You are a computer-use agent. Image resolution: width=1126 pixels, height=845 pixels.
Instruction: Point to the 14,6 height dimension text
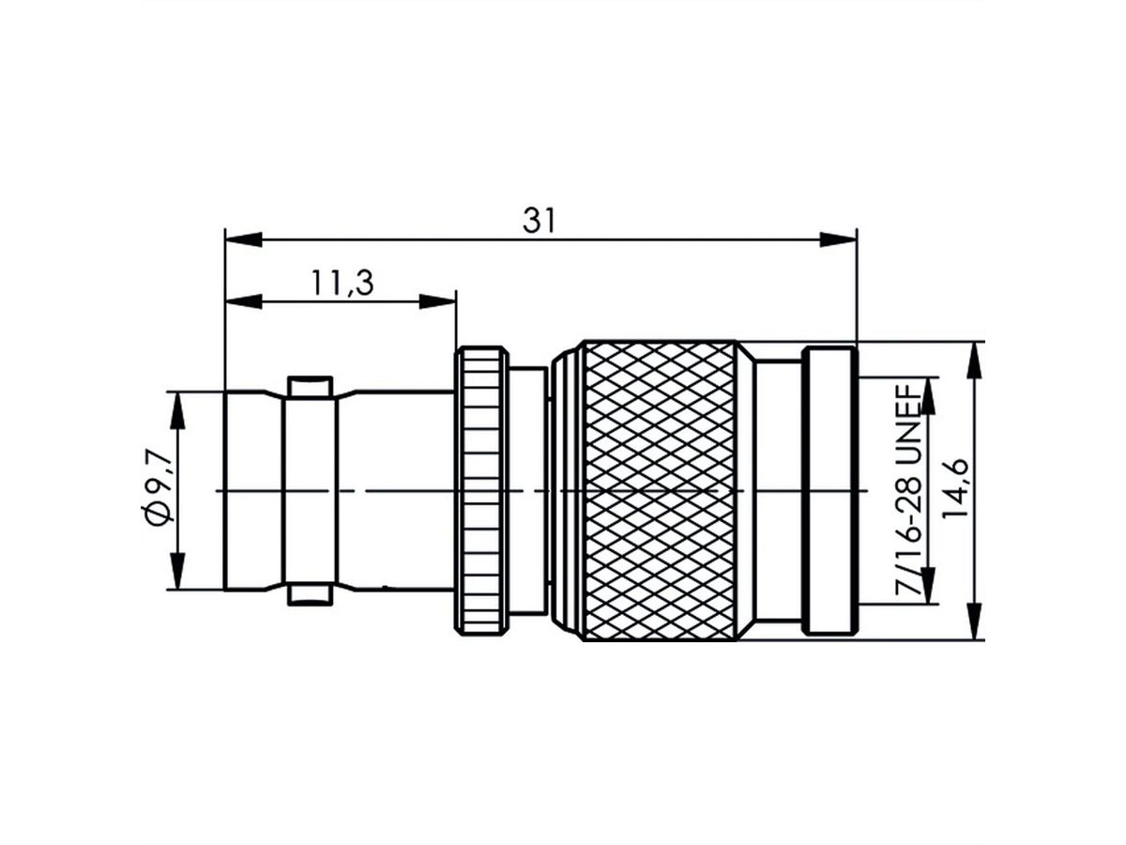(x=954, y=490)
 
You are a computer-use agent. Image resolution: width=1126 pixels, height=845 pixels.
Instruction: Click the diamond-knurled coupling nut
(x=659, y=490)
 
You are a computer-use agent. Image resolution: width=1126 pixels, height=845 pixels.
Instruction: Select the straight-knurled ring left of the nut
(x=481, y=490)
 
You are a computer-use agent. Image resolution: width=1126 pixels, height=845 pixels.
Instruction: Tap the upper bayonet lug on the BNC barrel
(x=310, y=386)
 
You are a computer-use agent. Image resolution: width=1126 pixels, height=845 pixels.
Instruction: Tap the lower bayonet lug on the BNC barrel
(x=310, y=595)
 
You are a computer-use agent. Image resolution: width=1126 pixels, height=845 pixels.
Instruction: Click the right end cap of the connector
(x=831, y=490)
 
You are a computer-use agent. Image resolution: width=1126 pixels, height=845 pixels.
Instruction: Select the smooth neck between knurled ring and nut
(x=530, y=490)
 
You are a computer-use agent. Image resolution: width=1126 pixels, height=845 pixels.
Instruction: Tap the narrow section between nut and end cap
(x=779, y=490)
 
